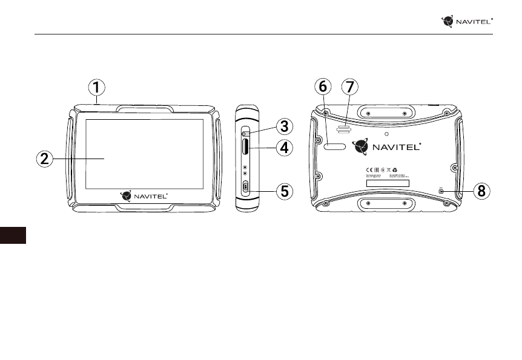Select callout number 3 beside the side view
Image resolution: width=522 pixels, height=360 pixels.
(x=284, y=126)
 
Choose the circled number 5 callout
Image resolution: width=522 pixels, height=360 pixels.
(x=284, y=192)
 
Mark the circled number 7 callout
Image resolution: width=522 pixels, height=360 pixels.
(x=349, y=88)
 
